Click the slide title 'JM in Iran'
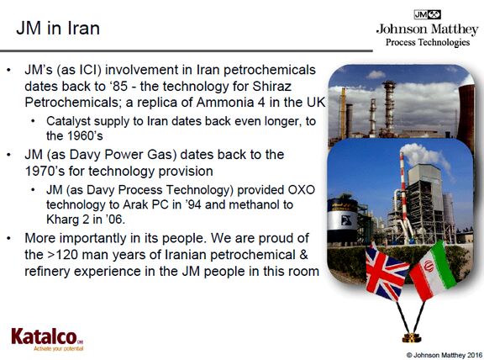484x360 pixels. coord(58,28)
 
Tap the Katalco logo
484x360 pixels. coord(47,339)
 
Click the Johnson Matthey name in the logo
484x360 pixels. coord(427,29)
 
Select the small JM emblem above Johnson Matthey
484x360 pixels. coord(427,14)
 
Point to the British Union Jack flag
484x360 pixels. coord(386,272)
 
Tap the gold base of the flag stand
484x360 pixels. coord(412,338)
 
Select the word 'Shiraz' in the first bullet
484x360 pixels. coord(271,86)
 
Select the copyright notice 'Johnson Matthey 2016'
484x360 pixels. coord(445,355)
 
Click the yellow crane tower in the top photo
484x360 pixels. coord(343,113)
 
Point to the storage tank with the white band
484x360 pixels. coord(343,220)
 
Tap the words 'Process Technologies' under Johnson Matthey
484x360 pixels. coord(428,42)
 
